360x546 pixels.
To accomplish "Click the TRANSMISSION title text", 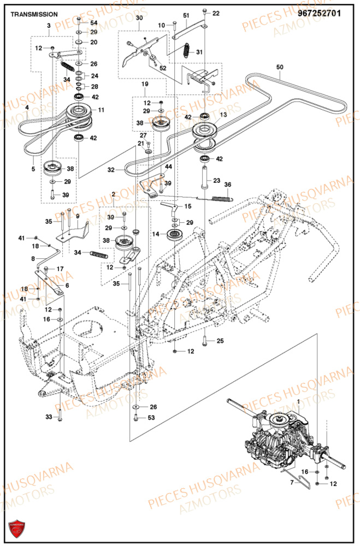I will [x=34, y=14].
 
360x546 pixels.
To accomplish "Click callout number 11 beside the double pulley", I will [x=101, y=110].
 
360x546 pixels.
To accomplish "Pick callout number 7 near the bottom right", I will [x=291, y=483].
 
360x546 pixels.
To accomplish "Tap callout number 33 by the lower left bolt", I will [x=48, y=417].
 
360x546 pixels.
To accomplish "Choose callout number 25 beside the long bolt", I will [x=220, y=341].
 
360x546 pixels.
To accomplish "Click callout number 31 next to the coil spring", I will [x=199, y=52].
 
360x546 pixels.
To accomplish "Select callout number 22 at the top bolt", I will [x=215, y=13].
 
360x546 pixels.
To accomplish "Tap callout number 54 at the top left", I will [x=93, y=23].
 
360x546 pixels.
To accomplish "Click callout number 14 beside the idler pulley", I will [x=155, y=234].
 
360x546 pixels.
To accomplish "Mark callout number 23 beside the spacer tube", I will [x=216, y=180].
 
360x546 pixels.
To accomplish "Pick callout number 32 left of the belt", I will [x=111, y=170].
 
